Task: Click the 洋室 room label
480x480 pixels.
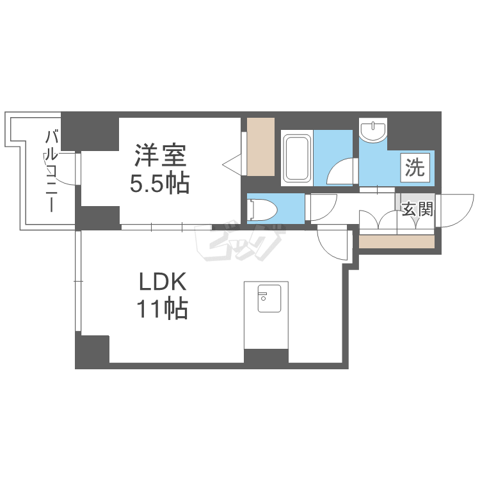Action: [160, 156]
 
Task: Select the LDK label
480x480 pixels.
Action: [163, 282]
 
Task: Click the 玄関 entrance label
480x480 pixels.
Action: [418, 209]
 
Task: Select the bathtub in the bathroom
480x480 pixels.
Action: [297, 157]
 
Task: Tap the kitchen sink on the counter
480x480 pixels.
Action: [269, 300]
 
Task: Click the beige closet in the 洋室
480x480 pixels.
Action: [260, 147]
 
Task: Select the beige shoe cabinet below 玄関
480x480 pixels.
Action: [397, 242]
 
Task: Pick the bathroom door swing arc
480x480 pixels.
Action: [342, 172]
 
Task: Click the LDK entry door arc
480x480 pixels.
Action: [333, 241]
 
